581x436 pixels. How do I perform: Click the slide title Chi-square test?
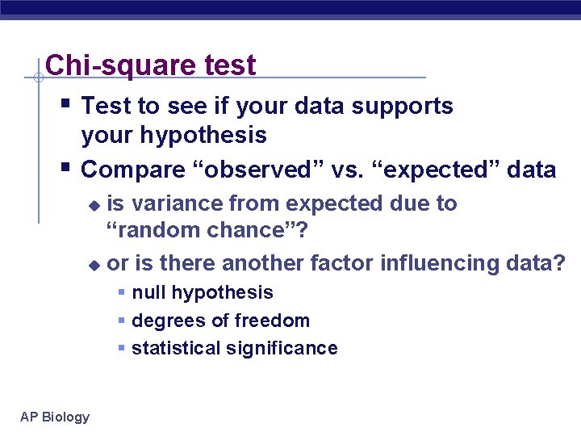tap(151, 65)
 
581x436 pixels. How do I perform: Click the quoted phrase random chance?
tap(206, 230)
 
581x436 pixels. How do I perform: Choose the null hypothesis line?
tap(202, 292)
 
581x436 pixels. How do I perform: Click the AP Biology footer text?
tap(55, 417)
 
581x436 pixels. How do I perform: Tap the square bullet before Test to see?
tap(65, 103)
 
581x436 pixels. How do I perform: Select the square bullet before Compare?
tap(65, 166)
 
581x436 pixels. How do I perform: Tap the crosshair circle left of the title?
tap(38, 78)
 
